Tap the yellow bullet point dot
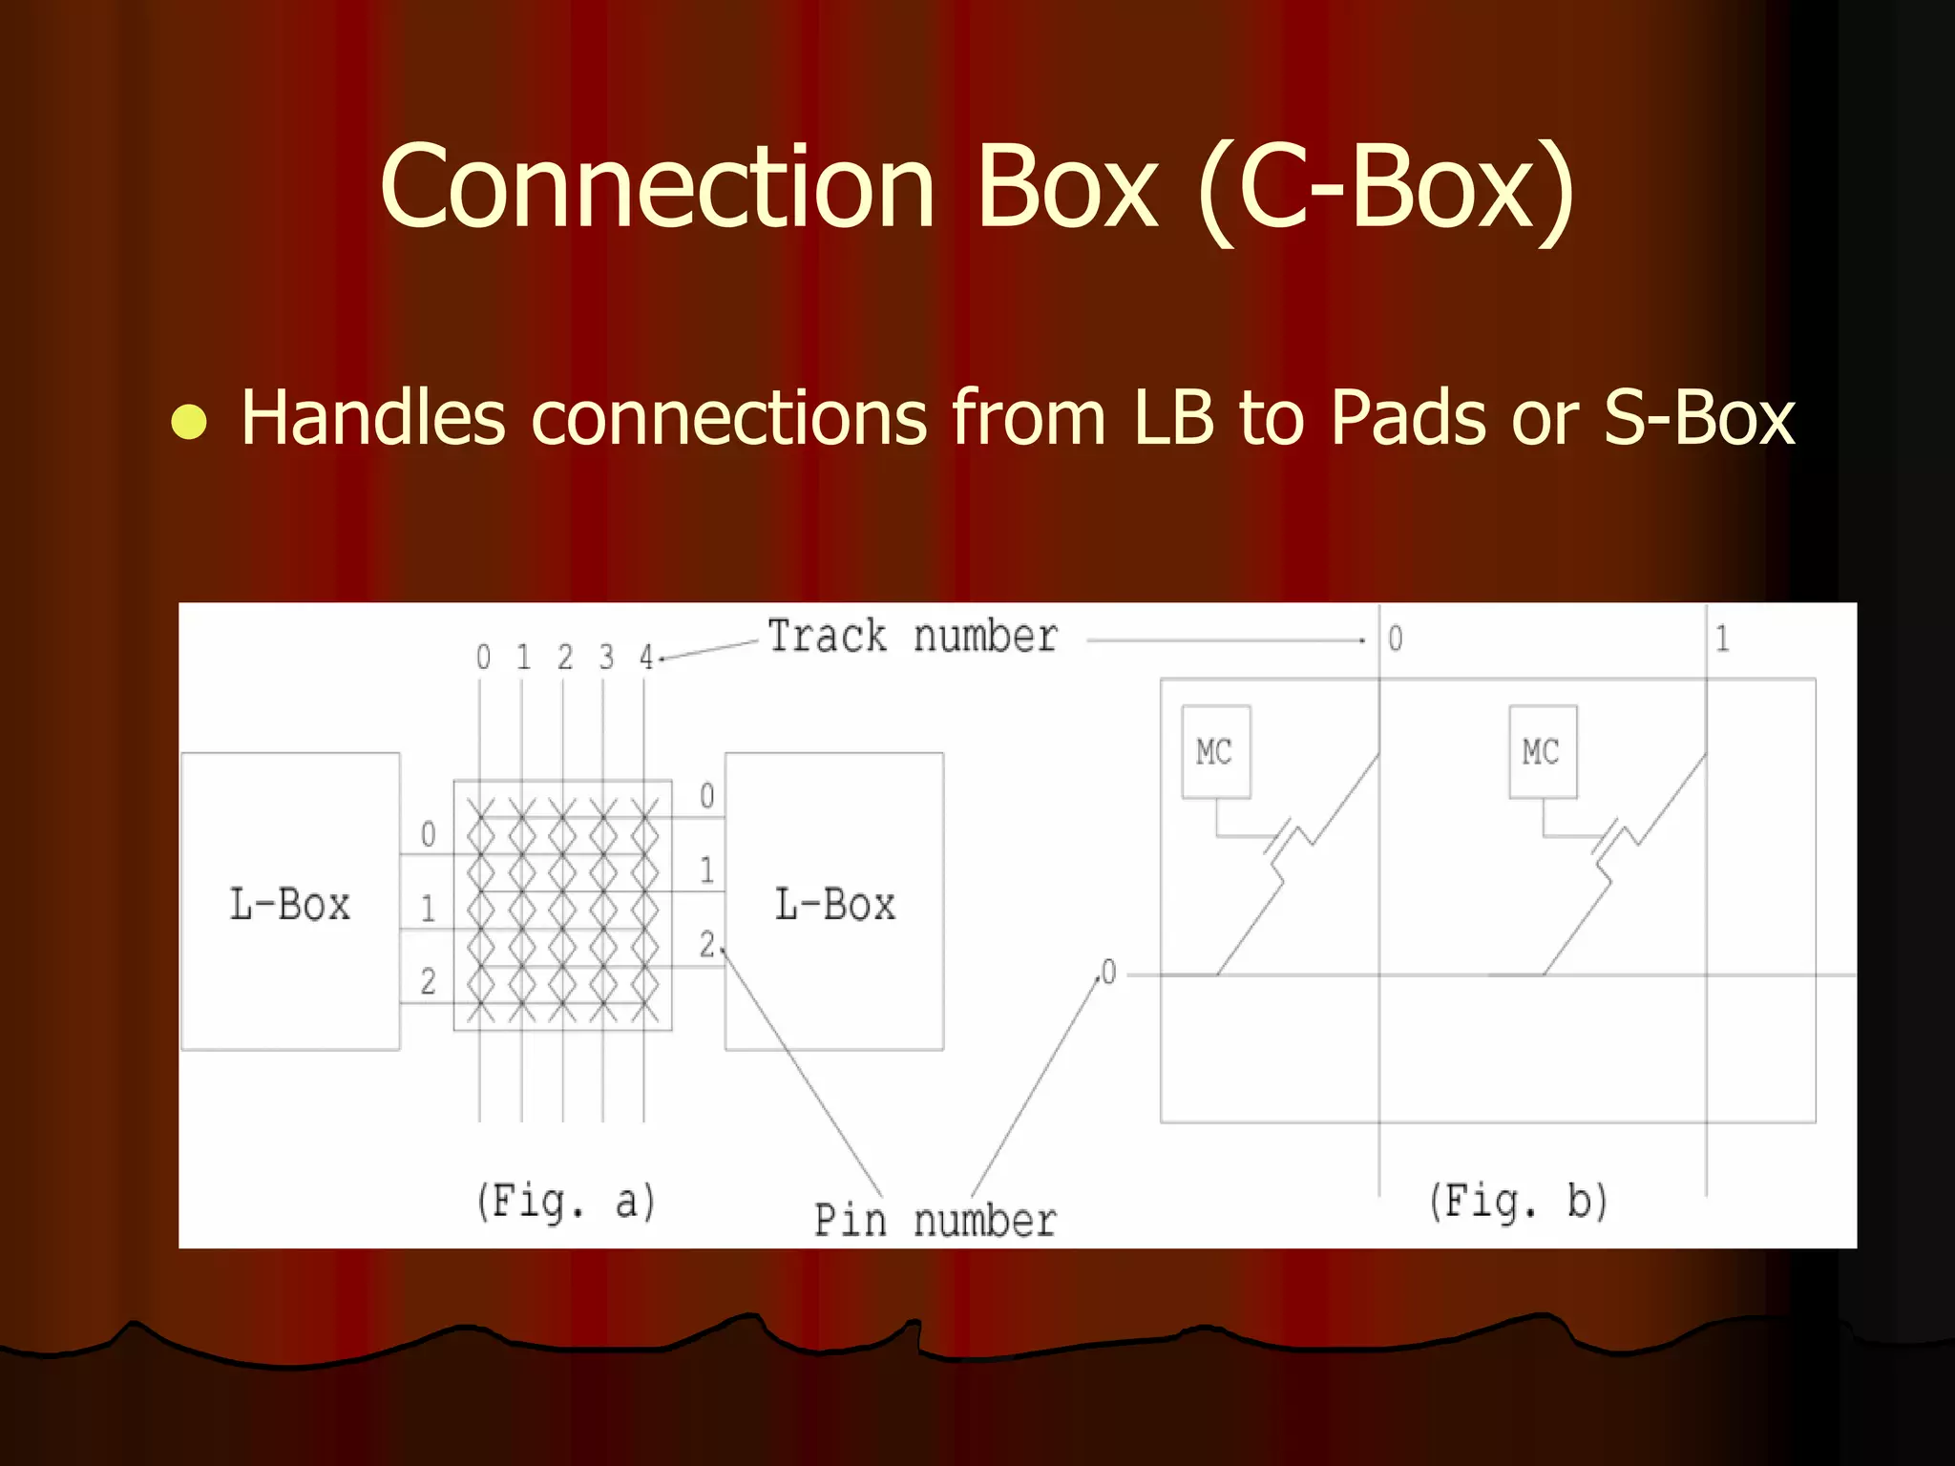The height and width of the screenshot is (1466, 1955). pyautogui.click(x=189, y=421)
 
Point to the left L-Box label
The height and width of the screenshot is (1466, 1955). pyautogui.click(x=290, y=904)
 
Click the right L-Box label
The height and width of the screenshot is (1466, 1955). pyautogui.click(x=835, y=904)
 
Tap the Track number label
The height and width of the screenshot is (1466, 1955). pyautogui.click(x=913, y=637)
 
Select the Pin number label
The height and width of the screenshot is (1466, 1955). pyautogui.click(x=935, y=1220)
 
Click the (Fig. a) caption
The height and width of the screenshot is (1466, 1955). pyautogui.click(x=566, y=1201)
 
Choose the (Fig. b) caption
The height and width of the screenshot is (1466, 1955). pyautogui.click(x=1518, y=1201)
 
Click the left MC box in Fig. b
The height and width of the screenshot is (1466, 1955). pyautogui.click(x=1215, y=751)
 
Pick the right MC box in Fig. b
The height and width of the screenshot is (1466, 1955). pyautogui.click(x=1542, y=751)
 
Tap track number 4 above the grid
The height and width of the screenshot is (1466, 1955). pyautogui.click(x=646, y=657)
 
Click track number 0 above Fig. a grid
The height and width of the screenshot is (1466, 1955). pyautogui.click(x=483, y=657)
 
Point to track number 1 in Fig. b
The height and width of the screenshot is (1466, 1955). pyautogui.click(x=1722, y=638)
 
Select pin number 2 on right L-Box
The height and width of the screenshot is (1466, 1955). pyautogui.click(x=707, y=944)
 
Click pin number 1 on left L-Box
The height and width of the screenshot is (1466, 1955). pyautogui.click(x=428, y=908)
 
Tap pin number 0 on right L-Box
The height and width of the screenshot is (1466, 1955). pyautogui.click(x=706, y=795)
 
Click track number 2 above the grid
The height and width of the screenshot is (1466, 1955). pyautogui.click(x=565, y=657)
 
